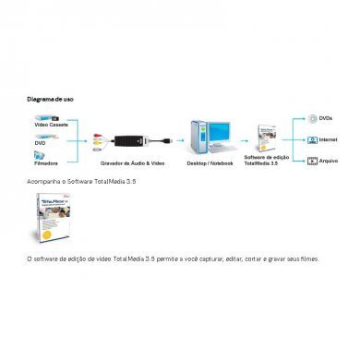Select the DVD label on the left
(x=40, y=144)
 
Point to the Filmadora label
(x=45, y=164)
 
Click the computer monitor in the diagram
(x=221, y=135)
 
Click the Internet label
(x=329, y=140)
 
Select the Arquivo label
(x=328, y=162)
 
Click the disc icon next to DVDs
(x=312, y=119)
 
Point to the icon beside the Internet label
(x=312, y=140)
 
